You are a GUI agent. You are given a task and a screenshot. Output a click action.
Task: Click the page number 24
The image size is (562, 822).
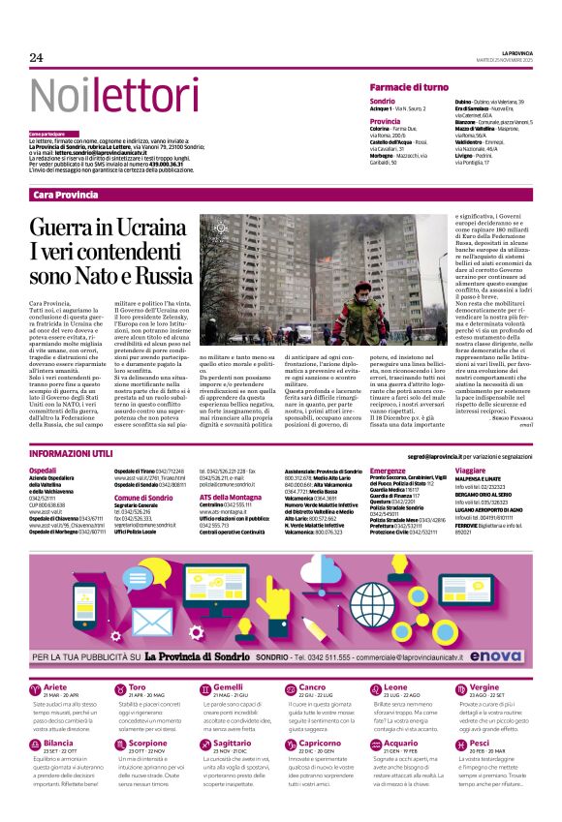(37, 57)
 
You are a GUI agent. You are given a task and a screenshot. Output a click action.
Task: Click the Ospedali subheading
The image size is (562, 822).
(43, 470)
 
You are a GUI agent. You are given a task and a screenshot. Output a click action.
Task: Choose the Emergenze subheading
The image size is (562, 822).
(388, 470)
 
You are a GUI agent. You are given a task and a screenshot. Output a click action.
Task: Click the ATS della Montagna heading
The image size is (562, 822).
(233, 497)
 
